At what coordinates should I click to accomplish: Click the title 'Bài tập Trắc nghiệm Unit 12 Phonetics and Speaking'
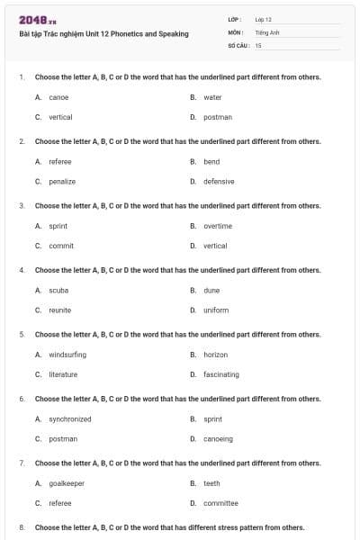[103, 34]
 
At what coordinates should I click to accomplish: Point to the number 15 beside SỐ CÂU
[258, 45]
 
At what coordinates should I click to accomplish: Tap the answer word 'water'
[212, 97]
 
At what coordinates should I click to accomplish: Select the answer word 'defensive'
[219, 181]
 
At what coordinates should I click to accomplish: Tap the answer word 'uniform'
[216, 310]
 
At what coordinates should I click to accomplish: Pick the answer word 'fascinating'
[221, 374]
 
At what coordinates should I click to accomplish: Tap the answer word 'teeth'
[211, 483]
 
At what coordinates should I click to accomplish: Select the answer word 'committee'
[220, 503]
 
